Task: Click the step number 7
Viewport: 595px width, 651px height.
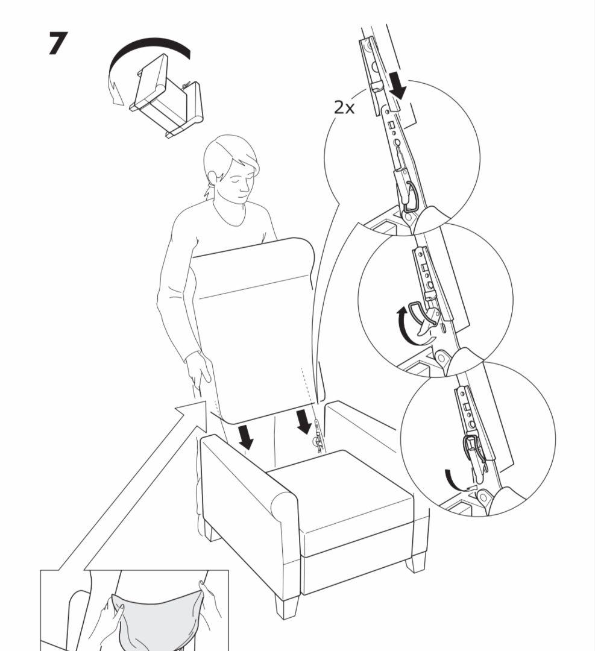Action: (58, 43)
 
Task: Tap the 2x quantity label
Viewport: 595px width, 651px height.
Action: (345, 107)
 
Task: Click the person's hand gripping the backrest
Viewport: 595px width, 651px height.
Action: (198, 369)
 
